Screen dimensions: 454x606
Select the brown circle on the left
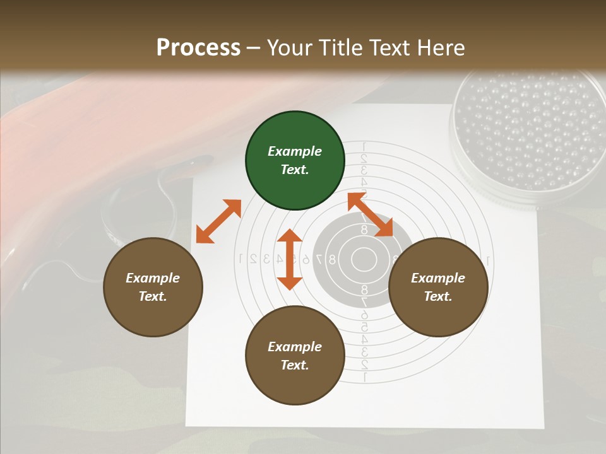pos(153,287)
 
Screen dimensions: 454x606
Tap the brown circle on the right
pos(438,287)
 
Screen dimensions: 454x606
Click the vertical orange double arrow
pos(290,259)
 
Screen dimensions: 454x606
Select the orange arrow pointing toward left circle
pos(218,221)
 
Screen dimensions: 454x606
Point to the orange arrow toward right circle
pos(371,214)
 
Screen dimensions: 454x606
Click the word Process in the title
pos(198,48)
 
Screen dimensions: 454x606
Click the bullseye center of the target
pos(364,259)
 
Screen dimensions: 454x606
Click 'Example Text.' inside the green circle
pos(295,160)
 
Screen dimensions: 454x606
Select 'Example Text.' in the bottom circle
pos(295,356)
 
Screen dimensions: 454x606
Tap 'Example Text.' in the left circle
pos(153,287)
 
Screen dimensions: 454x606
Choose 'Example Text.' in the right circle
pos(438,287)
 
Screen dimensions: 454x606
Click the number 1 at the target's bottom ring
pos(364,377)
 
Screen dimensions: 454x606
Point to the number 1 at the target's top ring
pos(364,147)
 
